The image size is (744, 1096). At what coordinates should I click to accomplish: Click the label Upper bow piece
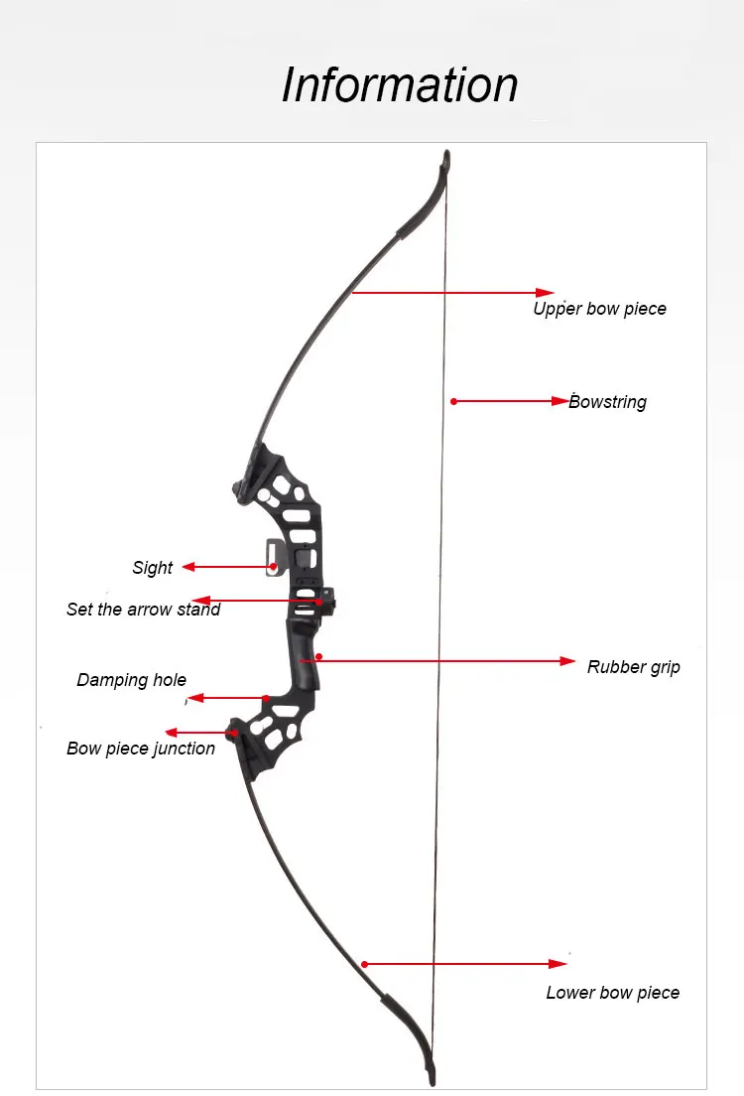pos(599,309)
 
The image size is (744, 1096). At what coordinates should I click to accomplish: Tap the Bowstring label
pos(608,402)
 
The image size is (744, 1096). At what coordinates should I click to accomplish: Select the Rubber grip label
pos(634,667)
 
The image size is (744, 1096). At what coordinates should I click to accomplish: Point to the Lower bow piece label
pos(612,993)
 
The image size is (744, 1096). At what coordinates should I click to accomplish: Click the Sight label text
pos(153,568)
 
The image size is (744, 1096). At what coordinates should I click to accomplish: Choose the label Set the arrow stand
pos(143,610)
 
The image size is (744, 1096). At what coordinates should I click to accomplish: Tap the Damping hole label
pos(132,681)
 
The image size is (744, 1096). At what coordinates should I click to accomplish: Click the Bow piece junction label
pos(141,749)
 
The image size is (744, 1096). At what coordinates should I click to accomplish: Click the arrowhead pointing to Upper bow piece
pos(545,293)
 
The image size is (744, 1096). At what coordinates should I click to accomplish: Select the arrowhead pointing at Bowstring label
pos(560,401)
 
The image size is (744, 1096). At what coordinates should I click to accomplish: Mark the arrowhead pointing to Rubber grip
pos(567,660)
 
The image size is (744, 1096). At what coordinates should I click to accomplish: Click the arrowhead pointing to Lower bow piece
pos(558,963)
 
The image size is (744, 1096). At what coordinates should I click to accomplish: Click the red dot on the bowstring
pos(453,401)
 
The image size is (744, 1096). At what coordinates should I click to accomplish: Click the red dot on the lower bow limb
pos(365,963)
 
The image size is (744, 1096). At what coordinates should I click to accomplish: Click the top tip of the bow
pos(446,155)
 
